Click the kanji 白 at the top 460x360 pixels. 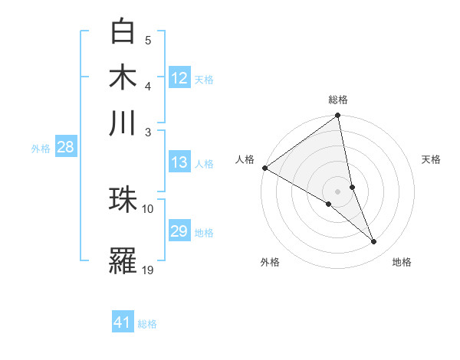click(x=123, y=31)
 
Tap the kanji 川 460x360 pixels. click(x=123, y=123)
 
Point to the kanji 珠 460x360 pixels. click(x=123, y=200)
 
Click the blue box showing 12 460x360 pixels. click(x=179, y=78)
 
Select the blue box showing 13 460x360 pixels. click(x=179, y=162)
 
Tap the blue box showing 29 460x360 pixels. click(x=179, y=231)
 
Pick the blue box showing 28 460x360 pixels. click(x=65, y=147)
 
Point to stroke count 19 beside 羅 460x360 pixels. click(x=148, y=270)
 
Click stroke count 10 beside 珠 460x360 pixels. click(x=148, y=208)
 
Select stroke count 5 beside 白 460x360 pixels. click(x=148, y=40)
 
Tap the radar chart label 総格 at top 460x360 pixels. click(x=338, y=100)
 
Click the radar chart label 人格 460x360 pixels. click(x=245, y=159)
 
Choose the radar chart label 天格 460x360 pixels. click(x=431, y=159)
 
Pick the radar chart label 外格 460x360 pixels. click(x=270, y=262)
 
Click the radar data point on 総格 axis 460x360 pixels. click(x=338, y=116)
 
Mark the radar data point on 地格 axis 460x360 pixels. click(x=374, y=242)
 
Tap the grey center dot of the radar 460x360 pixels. click(x=338, y=191)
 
